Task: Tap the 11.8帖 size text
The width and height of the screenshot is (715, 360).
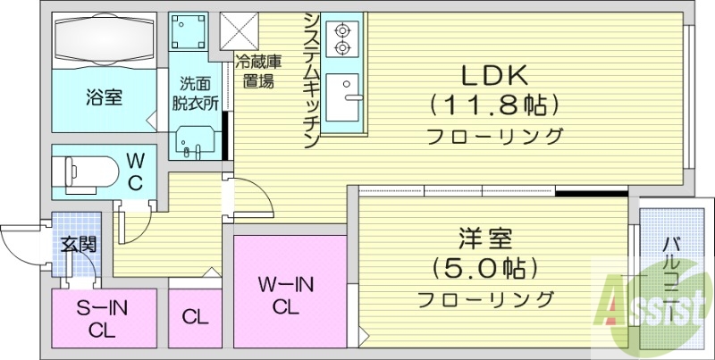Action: (494, 105)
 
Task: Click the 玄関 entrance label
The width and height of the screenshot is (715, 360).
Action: (78, 242)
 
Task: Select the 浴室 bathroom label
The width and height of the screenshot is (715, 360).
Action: (104, 96)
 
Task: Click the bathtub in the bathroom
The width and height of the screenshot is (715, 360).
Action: (105, 40)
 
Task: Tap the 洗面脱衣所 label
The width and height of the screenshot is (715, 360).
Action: (196, 93)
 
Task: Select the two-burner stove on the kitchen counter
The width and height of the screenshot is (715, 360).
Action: (341, 38)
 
